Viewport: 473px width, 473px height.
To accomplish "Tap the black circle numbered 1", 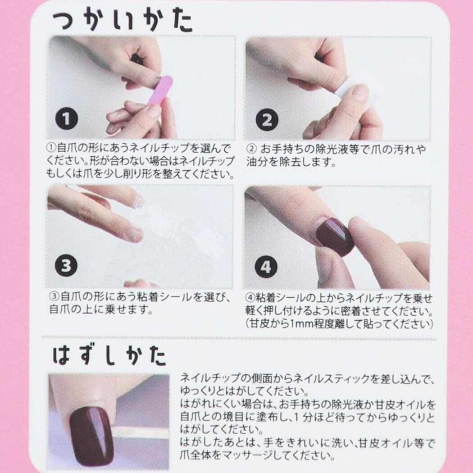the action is (66, 118).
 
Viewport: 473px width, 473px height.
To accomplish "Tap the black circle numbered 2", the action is (267, 120).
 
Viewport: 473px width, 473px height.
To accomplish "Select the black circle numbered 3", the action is (66, 265).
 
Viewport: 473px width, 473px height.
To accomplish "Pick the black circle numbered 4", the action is (266, 267).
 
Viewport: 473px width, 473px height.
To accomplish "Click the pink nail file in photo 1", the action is (160, 91).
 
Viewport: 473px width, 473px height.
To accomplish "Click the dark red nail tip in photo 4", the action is (335, 237).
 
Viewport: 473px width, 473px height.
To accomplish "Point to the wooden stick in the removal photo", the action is (142, 432).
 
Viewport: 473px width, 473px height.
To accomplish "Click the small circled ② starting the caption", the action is (251, 149).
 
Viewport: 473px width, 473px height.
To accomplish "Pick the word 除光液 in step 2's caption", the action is (331, 149).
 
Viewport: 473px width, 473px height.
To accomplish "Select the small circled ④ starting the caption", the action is (250, 298).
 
